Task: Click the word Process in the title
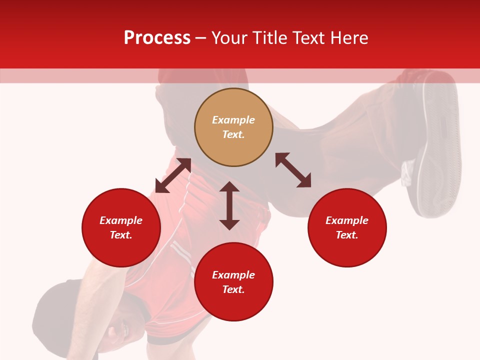(x=157, y=38)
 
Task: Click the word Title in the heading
(x=268, y=38)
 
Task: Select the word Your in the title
(x=230, y=38)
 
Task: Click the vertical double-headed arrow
(x=229, y=205)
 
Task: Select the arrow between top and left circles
(x=173, y=175)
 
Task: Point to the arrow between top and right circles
(x=293, y=170)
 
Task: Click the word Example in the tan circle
(x=233, y=120)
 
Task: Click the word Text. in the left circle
(x=121, y=235)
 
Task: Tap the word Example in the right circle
(x=347, y=220)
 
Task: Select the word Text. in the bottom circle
(x=233, y=289)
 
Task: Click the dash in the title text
(x=200, y=38)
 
